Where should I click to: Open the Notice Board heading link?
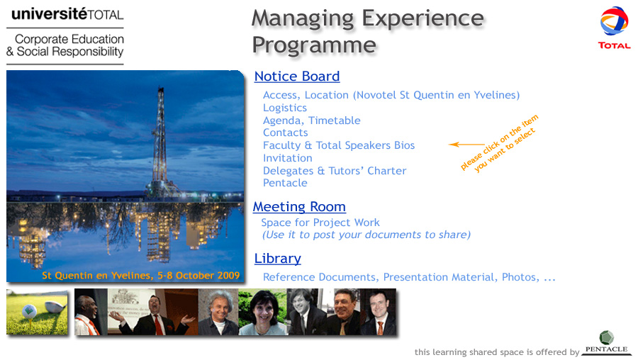coord(297,77)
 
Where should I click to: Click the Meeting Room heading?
coord(299,207)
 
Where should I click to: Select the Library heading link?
coord(277,259)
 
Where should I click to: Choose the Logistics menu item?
coord(285,108)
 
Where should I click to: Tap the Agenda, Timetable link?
coord(312,120)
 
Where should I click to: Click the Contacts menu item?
coord(285,133)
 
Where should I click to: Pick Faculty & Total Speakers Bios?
coord(339,145)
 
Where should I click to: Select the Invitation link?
coord(288,158)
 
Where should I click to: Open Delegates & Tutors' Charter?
coord(335,171)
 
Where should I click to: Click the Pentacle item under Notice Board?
coord(285,183)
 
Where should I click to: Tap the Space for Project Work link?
coord(320,223)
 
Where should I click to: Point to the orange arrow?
coord(466,145)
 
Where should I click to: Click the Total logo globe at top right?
coord(614,21)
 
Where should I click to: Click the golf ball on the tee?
coord(29,312)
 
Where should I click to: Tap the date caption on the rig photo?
coord(141,276)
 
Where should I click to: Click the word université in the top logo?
coord(49,14)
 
